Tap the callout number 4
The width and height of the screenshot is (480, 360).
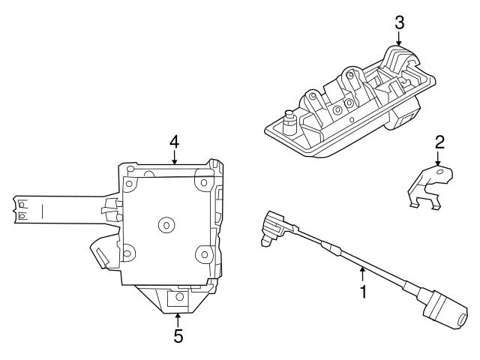pyautogui.click(x=174, y=140)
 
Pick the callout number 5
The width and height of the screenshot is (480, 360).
pyautogui.click(x=178, y=336)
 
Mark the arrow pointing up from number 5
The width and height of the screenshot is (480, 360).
pyautogui.click(x=178, y=319)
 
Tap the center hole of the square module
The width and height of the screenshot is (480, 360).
pyautogui.click(x=166, y=224)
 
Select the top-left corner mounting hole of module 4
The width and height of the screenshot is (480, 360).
pyautogui.click(x=129, y=182)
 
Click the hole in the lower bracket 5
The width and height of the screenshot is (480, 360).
pyautogui.click(x=178, y=298)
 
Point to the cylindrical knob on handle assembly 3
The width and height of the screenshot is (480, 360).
pyautogui.click(x=288, y=118)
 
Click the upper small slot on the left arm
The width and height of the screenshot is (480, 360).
pyautogui.click(x=22, y=202)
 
